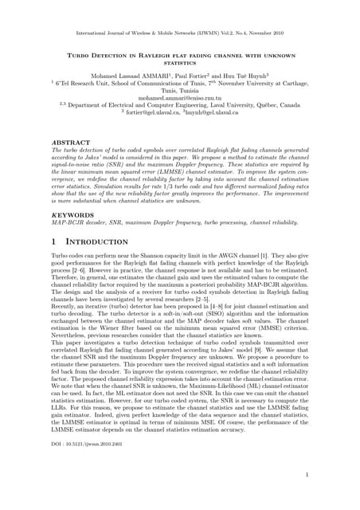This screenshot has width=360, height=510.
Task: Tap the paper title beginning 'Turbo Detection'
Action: pyautogui.click(x=180, y=57)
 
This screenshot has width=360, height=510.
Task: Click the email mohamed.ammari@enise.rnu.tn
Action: pyautogui.click(x=180, y=98)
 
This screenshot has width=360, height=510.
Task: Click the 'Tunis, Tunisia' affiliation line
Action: pyautogui.click(x=180, y=90)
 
